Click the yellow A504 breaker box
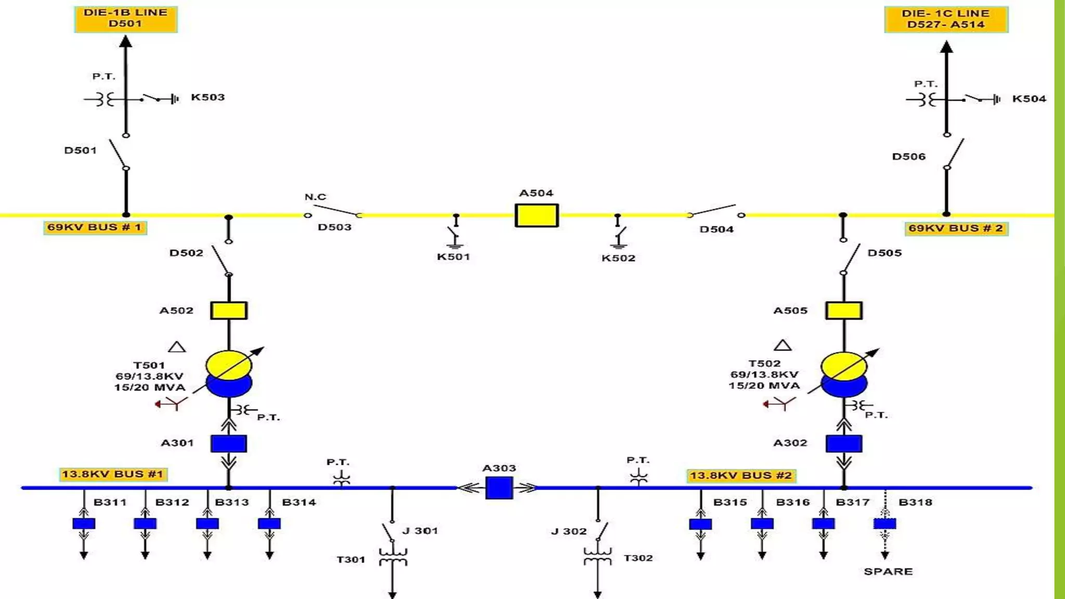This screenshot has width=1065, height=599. tap(536, 215)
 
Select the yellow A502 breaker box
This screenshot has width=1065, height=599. tap(229, 310)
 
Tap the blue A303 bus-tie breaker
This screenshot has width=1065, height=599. tap(499, 488)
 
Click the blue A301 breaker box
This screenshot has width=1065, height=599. tap(229, 444)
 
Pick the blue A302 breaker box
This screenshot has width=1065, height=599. tap(843, 444)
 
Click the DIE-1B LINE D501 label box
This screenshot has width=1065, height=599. tap(126, 19)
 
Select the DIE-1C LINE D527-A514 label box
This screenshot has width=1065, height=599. tap(946, 19)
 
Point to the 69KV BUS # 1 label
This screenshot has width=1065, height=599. tap(95, 228)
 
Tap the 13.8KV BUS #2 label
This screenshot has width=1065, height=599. tap(741, 475)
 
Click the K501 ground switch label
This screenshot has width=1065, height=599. tap(453, 257)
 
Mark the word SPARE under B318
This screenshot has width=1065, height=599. tap(888, 571)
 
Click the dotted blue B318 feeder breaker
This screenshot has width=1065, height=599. tap(885, 524)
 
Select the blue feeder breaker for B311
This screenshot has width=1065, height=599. tap(84, 524)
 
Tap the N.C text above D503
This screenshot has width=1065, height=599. tap(315, 197)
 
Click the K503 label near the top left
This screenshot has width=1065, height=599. tap(207, 97)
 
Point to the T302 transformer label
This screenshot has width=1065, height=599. tap(638, 558)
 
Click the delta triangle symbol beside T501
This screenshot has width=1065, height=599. tap(177, 347)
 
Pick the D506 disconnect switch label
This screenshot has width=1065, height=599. tap(908, 157)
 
